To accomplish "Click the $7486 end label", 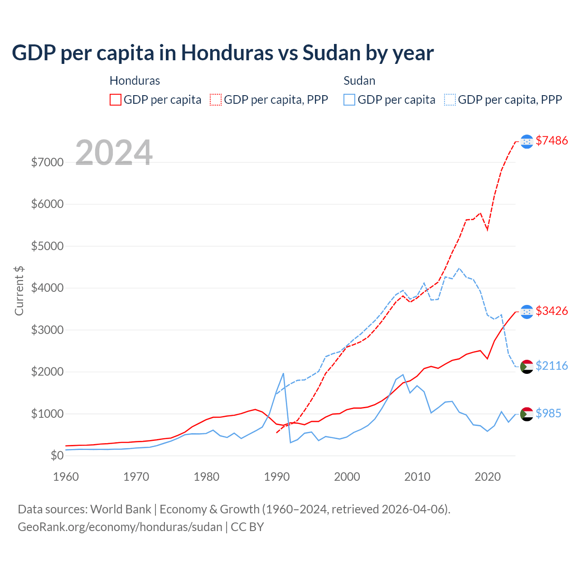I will (551, 141).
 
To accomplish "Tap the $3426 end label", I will (551, 311).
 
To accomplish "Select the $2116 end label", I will (551, 366).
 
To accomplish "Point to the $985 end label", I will (548, 414).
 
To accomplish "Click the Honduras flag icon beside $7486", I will (527, 141).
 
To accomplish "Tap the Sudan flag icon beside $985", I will (527, 414).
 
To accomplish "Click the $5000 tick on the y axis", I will (47, 246).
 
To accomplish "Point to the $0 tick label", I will (57, 455).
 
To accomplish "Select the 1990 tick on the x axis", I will (276, 477).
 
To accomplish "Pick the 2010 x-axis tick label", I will (417, 477).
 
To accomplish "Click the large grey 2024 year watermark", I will (114, 153).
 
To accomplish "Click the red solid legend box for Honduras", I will (116, 100).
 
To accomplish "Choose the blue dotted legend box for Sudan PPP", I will (450, 100).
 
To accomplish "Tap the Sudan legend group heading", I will (359, 81).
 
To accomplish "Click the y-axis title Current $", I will (19, 290).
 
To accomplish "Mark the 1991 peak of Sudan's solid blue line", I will (283, 373).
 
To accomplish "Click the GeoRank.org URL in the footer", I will (120, 527).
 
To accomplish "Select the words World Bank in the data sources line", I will (121, 509).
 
